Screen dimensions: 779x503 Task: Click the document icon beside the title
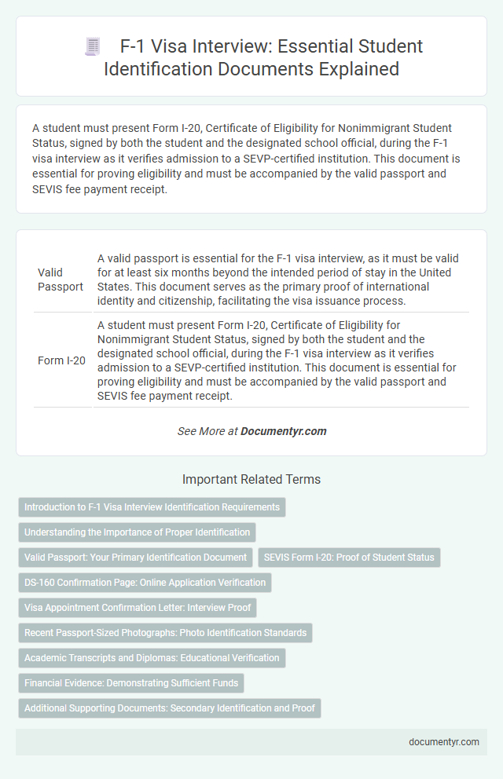click(x=93, y=47)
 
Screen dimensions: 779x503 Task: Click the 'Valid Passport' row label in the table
click(x=60, y=279)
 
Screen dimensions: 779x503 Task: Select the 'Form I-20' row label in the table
click(x=62, y=360)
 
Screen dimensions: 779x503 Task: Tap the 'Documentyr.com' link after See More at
click(x=283, y=431)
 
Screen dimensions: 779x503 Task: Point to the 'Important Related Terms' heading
click(x=251, y=479)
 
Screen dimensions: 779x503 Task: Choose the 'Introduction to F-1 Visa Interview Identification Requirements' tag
click(x=152, y=507)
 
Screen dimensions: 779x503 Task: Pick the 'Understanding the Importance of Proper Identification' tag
click(x=137, y=532)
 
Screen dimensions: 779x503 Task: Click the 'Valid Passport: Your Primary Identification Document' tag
click(x=135, y=558)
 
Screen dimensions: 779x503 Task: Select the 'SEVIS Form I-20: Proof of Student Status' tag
click(x=349, y=558)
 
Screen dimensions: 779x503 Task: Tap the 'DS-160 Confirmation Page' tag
click(x=145, y=583)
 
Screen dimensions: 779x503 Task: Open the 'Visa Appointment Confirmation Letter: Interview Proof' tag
click(x=137, y=608)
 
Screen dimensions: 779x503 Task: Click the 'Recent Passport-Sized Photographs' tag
click(x=165, y=633)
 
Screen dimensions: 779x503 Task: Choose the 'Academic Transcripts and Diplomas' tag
click(x=152, y=658)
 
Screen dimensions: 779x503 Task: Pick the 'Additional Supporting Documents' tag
click(x=170, y=708)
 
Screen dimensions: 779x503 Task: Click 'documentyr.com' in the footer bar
click(x=443, y=742)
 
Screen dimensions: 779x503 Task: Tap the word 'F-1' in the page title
click(x=135, y=46)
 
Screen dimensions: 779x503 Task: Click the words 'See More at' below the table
click(x=207, y=431)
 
